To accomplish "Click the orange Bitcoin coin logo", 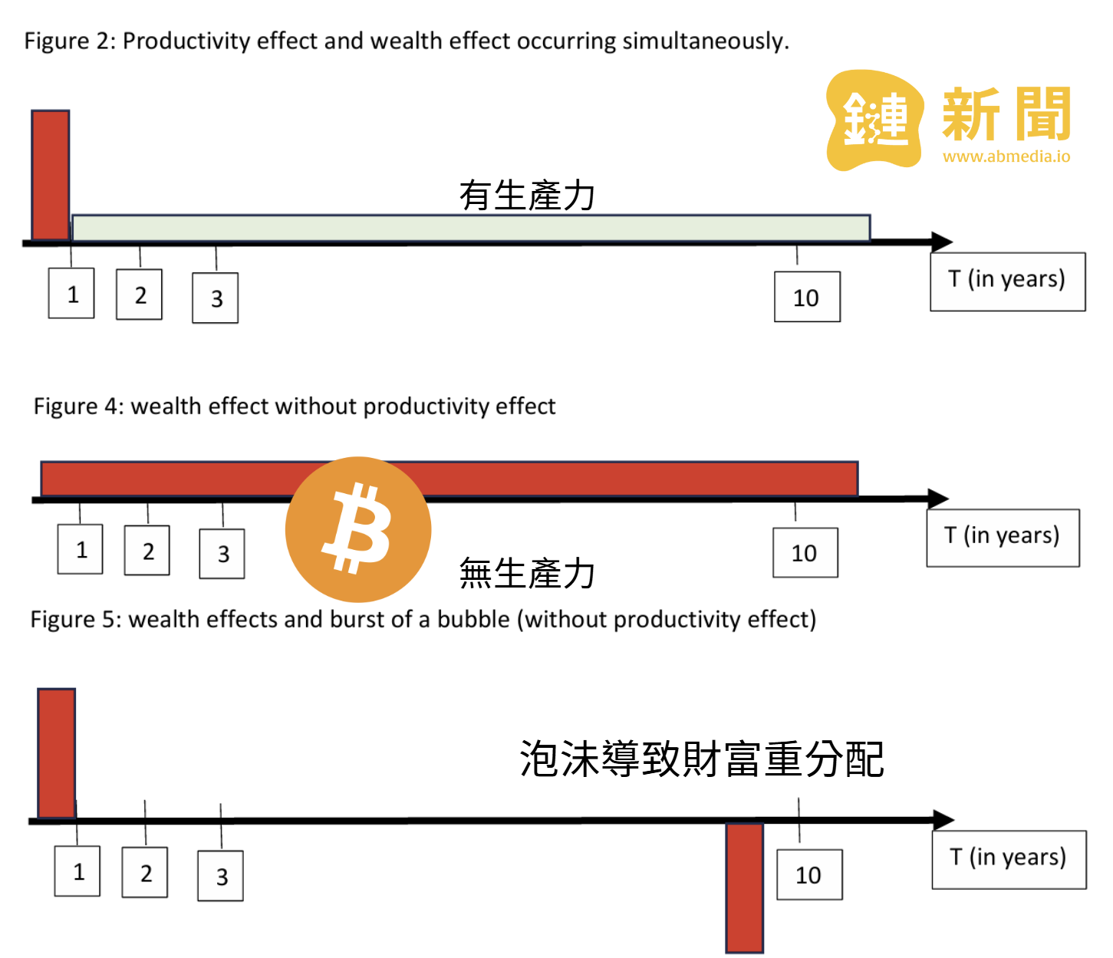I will click(357, 529).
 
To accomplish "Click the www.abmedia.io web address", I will click(1006, 156).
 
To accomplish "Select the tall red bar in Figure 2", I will click(51, 175).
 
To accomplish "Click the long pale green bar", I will click(471, 228).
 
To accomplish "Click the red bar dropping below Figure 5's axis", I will click(745, 887).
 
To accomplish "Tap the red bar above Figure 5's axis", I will click(57, 753).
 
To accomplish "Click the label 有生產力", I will click(527, 195).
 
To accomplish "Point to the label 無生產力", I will click(527, 574).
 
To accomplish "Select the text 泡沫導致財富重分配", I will click(702, 759).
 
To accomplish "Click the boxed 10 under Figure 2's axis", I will click(807, 297).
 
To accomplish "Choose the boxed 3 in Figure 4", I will click(222, 554).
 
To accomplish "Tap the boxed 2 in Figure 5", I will click(146, 873).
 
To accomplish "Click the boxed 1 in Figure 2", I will click(72, 294).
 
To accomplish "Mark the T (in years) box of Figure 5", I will click(1009, 859).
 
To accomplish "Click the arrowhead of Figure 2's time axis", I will click(942, 242).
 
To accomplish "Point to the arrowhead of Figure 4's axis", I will click(939, 499).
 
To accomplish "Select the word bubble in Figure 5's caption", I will click(473, 619).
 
